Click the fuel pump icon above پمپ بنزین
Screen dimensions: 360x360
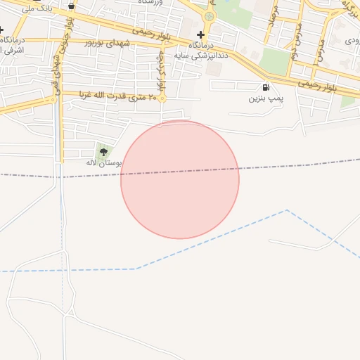pyautogui.click(x=265, y=88)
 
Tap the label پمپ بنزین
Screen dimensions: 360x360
pyautogui.click(x=265, y=99)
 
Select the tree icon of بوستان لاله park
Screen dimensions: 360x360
pyautogui.click(x=104, y=151)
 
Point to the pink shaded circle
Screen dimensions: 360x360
pyautogui.click(x=180, y=180)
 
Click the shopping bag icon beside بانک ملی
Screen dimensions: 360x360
pyautogui.click(x=72, y=6)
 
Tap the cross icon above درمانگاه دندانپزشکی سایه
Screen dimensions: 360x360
pyautogui.click(x=201, y=34)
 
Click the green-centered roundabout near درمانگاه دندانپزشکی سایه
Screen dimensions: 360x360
pyautogui.click(x=208, y=16)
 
